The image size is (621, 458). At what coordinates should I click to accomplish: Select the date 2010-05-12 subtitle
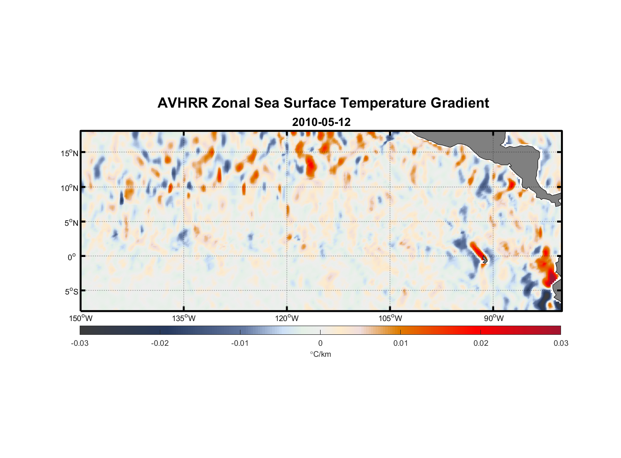(x=321, y=122)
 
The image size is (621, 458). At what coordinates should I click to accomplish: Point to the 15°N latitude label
(x=69, y=153)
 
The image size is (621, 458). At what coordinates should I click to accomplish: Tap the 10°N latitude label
(x=69, y=188)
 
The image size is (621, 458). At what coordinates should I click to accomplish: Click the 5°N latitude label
(x=71, y=223)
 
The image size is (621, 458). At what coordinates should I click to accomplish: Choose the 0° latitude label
(x=72, y=257)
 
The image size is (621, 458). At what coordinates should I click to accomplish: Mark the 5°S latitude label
(x=71, y=292)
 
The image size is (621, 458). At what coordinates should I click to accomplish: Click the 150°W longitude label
(x=81, y=318)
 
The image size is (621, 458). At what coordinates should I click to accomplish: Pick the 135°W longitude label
(x=184, y=318)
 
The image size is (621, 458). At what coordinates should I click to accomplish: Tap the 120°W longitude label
(x=287, y=318)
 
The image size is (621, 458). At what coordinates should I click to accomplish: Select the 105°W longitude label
(x=390, y=318)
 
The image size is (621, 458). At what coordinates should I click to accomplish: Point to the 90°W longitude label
(x=494, y=318)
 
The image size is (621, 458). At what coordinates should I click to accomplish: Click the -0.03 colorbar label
(x=80, y=343)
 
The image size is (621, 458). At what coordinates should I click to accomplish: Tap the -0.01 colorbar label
(x=240, y=343)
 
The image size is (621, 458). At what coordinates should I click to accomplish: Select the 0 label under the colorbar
(x=320, y=343)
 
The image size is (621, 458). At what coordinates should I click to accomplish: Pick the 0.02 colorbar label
(x=481, y=343)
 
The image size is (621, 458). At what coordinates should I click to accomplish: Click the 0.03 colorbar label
(x=561, y=343)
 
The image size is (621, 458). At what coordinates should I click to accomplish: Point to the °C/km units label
(x=320, y=354)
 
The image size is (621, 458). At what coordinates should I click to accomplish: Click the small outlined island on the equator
(x=485, y=260)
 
